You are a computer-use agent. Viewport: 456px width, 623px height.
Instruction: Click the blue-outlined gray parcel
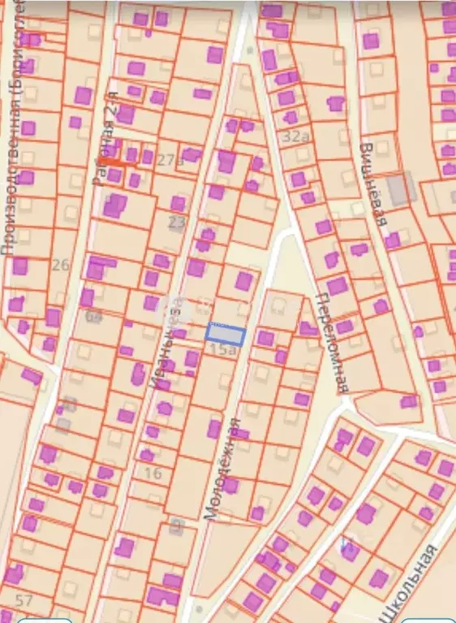[x=226, y=333]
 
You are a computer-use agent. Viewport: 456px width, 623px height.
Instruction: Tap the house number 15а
[x=223, y=350]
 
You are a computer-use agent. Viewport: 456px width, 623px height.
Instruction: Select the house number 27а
[x=170, y=160]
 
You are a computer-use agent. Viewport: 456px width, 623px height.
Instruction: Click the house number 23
[x=177, y=221]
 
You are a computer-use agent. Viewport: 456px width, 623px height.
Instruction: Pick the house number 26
[x=61, y=264]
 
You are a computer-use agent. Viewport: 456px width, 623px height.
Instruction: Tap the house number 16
[x=153, y=473]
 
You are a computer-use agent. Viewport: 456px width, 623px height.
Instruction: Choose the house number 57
[x=24, y=601]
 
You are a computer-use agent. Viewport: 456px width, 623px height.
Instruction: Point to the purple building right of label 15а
[x=265, y=338]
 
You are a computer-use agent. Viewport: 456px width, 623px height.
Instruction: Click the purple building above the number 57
[x=14, y=573]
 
